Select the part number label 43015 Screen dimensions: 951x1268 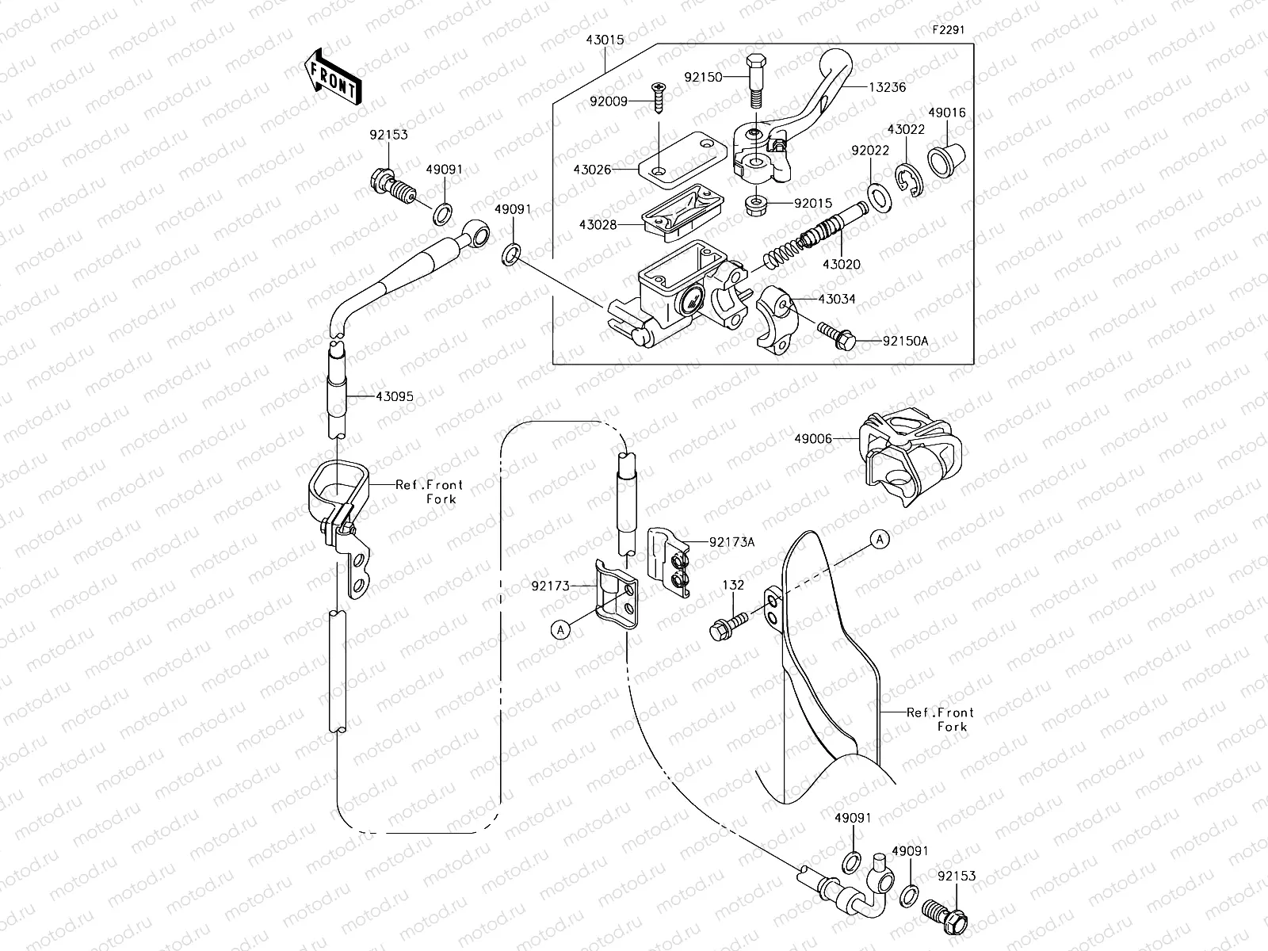[x=604, y=40]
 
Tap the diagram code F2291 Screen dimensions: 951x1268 [x=948, y=30]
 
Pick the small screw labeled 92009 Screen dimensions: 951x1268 [x=658, y=98]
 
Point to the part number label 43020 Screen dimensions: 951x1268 [x=841, y=264]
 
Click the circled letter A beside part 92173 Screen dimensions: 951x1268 [x=560, y=628]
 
